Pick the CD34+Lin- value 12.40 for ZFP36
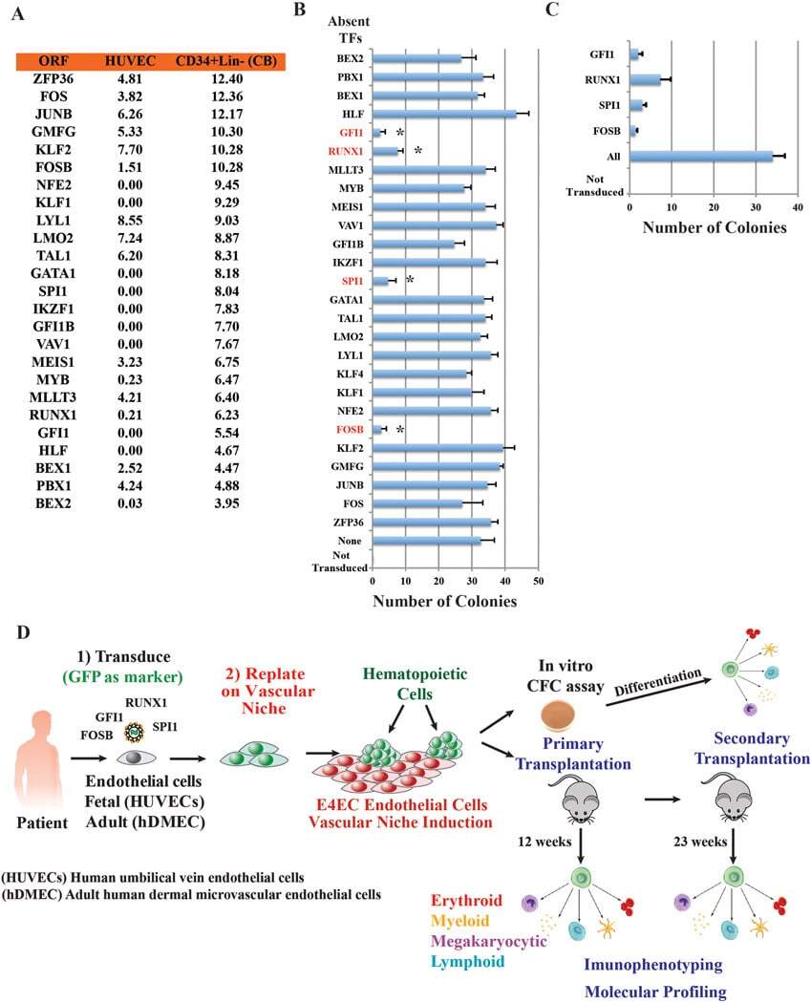pos(220,78)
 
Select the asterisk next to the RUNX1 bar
pos(417,150)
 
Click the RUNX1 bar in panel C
pos(645,79)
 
